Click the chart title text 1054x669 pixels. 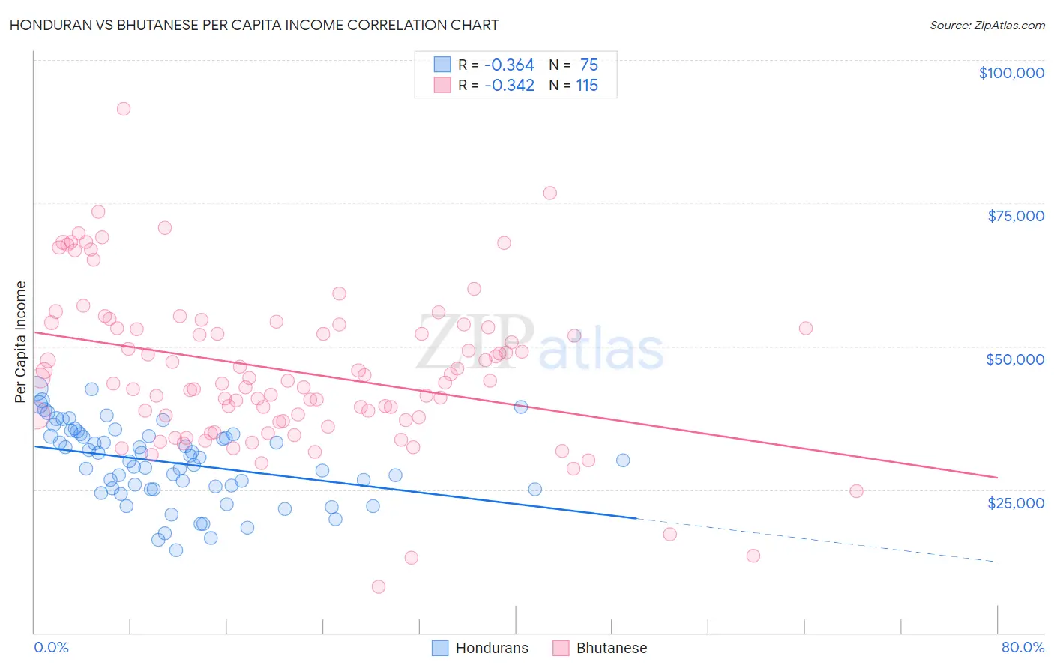click(254, 25)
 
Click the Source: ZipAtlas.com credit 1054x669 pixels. click(987, 25)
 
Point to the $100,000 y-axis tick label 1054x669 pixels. click(1011, 73)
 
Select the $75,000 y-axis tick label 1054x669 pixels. click(1015, 216)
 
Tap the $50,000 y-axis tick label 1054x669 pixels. click(1014, 359)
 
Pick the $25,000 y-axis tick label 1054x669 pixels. click(1015, 502)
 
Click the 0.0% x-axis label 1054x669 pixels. click(51, 647)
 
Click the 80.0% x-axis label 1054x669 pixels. click(1023, 647)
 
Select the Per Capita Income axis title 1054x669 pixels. click(21, 341)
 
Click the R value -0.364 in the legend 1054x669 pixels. click(509, 65)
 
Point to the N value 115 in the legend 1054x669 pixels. click(586, 85)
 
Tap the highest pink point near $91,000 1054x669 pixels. click(124, 109)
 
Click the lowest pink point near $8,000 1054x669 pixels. click(379, 586)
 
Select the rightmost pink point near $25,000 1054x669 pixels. click(856, 491)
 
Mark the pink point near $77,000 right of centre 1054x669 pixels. click(549, 193)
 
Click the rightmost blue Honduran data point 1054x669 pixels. click(623, 460)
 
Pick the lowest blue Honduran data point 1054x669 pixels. click(176, 550)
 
